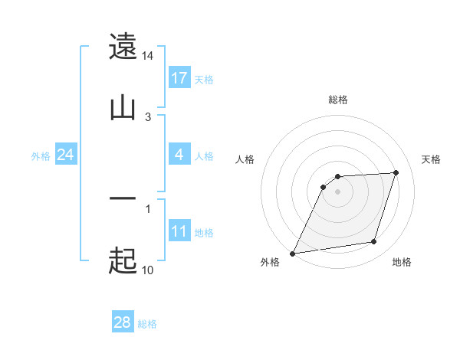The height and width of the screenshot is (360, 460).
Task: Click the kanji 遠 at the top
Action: (x=123, y=47)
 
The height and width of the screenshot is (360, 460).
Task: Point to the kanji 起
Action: (x=123, y=261)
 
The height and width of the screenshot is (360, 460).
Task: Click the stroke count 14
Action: (x=148, y=56)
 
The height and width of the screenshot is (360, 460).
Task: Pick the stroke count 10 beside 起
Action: (x=147, y=270)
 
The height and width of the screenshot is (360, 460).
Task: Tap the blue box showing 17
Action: (x=179, y=78)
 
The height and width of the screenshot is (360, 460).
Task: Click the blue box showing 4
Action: (x=179, y=155)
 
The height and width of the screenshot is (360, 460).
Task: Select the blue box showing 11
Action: (x=179, y=231)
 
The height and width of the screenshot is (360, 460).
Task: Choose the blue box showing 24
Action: (x=65, y=155)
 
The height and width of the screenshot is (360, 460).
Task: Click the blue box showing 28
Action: (x=122, y=323)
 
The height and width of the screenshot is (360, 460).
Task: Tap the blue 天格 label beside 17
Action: (x=203, y=79)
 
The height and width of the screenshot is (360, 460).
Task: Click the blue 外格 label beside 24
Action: (x=41, y=156)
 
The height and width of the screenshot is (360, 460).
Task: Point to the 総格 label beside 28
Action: (x=147, y=324)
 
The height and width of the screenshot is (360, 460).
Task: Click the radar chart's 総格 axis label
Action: (x=338, y=100)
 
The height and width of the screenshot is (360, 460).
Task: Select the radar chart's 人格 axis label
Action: (x=245, y=159)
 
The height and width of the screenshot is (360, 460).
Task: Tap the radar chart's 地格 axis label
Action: (x=402, y=262)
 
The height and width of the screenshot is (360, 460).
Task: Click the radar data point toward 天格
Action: (x=396, y=172)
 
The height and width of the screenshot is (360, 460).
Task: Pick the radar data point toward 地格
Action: (x=374, y=242)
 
